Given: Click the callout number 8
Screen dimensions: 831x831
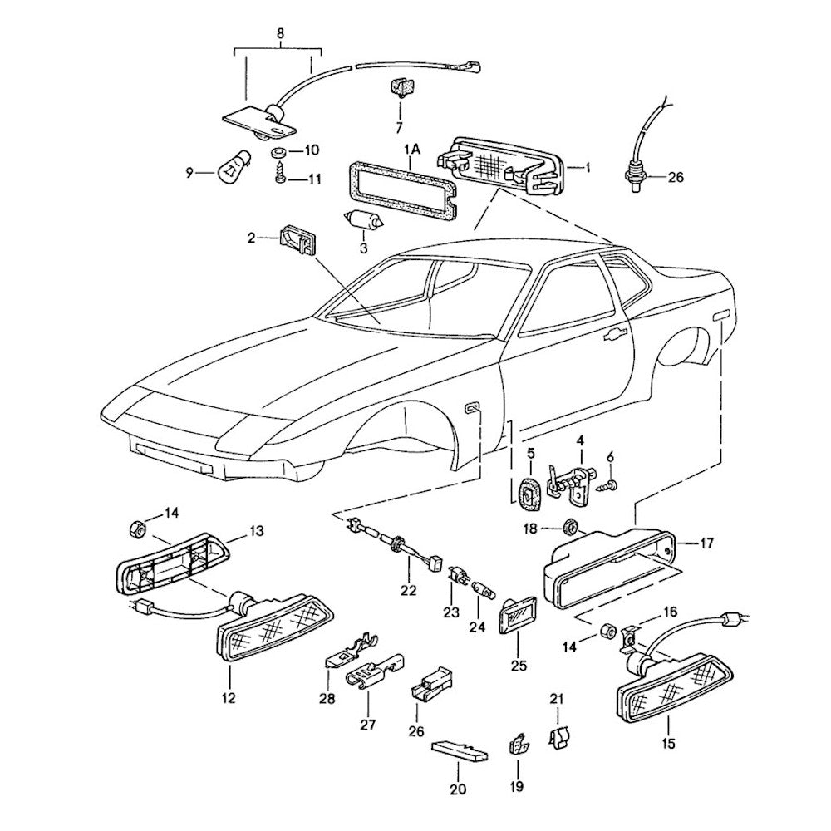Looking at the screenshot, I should (x=279, y=34).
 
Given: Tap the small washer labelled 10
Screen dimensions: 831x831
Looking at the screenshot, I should (x=277, y=154).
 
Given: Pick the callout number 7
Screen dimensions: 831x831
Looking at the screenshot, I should (x=398, y=128).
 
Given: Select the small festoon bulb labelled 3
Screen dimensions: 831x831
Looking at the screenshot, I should (x=363, y=221).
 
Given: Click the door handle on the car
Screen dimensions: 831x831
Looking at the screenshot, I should (x=615, y=334).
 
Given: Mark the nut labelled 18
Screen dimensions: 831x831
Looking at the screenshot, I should (x=569, y=526).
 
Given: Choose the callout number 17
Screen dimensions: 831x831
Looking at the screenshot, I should (x=706, y=545).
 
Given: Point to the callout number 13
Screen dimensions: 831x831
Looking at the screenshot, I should (x=256, y=529).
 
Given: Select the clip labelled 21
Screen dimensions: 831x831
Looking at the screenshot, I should (x=558, y=734).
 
